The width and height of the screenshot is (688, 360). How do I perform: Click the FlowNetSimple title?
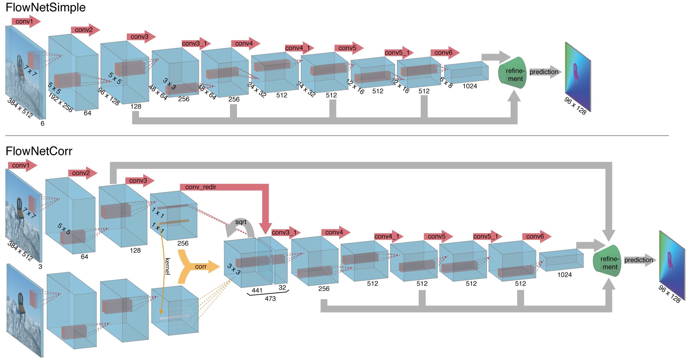(x=45, y=8)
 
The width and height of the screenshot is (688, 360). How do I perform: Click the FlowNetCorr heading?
(x=39, y=151)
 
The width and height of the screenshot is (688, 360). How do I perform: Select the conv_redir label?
(x=200, y=187)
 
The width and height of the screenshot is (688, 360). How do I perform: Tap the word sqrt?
(x=241, y=222)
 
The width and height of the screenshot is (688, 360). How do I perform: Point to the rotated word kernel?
(x=167, y=266)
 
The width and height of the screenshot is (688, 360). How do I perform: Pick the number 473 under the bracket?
(x=270, y=299)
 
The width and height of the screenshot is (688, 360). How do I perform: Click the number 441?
(x=257, y=290)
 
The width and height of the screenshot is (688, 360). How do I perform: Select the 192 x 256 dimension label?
(x=60, y=102)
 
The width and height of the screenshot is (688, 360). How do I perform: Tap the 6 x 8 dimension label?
(x=446, y=82)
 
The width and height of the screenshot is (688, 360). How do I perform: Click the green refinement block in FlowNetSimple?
(x=513, y=73)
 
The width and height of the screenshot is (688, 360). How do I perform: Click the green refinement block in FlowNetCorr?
(x=607, y=261)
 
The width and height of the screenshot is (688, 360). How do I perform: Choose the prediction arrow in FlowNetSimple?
(x=545, y=72)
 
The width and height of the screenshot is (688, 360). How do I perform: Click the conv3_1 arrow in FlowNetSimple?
(x=196, y=43)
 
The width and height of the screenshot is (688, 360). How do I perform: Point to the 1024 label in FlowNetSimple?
(x=470, y=86)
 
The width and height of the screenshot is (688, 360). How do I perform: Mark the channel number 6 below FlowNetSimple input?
(x=42, y=123)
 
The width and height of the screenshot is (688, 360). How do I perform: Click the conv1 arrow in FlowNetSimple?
(x=26, y=21)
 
